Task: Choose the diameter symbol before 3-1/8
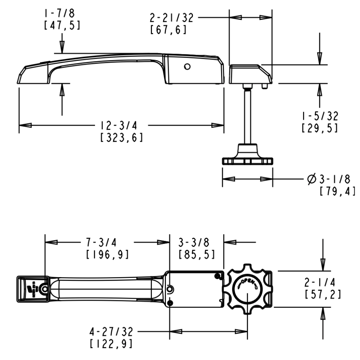click(312, 178)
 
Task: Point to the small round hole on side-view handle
click(186, 67)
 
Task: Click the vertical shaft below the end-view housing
click(247, 115)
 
